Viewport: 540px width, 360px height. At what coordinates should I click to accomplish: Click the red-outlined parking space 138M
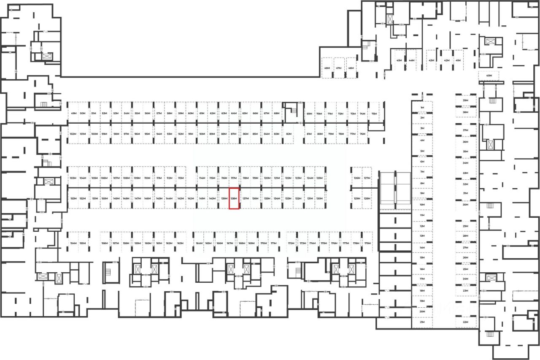coord(234,198)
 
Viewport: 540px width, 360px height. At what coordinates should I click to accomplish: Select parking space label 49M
coord(73,114)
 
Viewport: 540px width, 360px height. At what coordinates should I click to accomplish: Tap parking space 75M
coord(374,114)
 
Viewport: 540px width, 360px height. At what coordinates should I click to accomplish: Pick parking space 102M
coord(73,134)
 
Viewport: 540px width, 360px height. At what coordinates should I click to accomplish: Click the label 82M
coord(289,134)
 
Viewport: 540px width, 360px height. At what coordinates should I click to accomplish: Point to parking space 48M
coord(327,68)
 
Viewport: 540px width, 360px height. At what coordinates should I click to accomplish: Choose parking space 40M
coord(489,76)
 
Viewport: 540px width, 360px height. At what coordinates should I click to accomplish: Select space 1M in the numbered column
coord(422,108)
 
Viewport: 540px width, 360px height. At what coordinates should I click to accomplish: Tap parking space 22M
coord(466,322)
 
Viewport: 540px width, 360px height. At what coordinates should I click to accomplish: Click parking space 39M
coord(466,101)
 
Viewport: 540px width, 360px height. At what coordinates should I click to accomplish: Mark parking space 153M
coord(73,198)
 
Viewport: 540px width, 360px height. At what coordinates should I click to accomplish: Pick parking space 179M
coord(367,244)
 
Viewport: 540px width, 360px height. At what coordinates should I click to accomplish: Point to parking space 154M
coord(73,244)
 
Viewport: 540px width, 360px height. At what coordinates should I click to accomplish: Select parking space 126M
coord(357,178)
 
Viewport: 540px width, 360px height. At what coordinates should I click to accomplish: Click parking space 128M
coord(367,198)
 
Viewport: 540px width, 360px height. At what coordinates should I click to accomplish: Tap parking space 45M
coord(399,60)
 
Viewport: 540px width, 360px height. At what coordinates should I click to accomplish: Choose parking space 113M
coord(181,178)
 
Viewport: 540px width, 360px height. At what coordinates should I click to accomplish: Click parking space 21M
coord(422,322)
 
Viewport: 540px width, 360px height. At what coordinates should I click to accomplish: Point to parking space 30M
coord(466,205)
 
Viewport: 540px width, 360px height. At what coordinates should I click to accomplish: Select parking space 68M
coord(277,114)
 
